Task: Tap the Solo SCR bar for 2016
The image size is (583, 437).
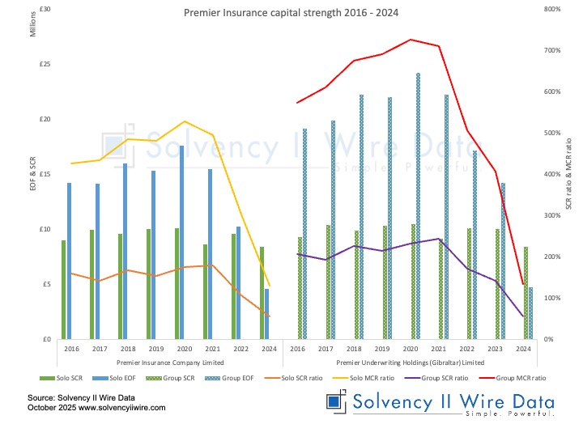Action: (x=63, y=290)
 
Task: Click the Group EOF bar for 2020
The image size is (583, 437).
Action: (x=418, y=206)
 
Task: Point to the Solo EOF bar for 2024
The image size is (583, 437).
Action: (x=266, y=314)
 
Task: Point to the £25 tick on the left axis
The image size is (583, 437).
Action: (x=45, y=64)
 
